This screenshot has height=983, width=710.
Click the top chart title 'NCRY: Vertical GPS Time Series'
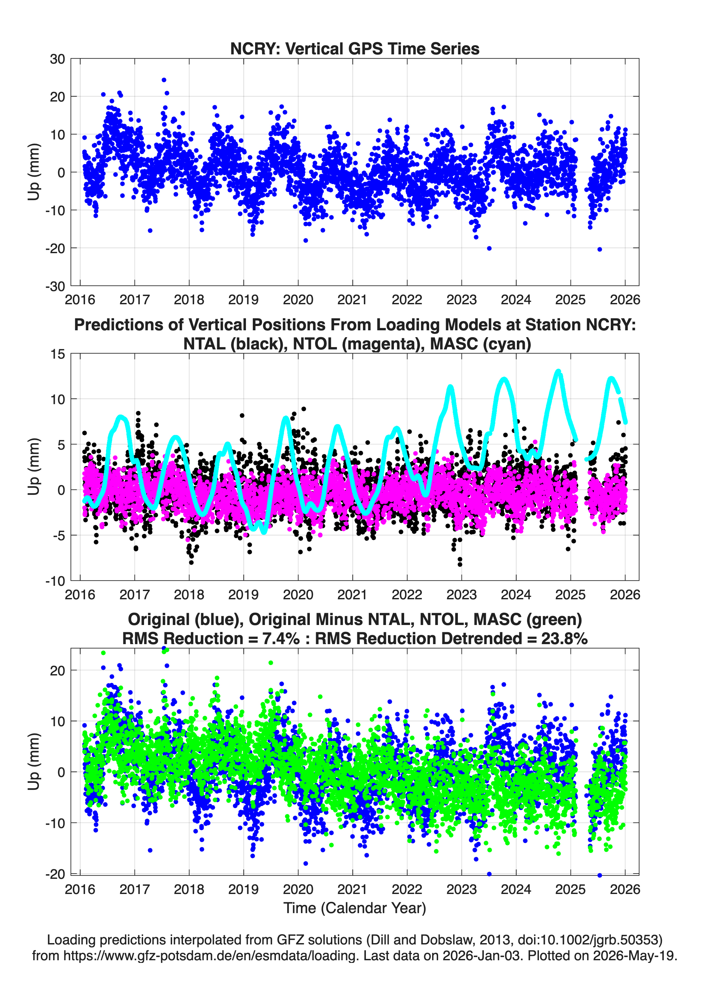(355, 48)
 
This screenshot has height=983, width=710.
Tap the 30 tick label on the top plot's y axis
(57, 59)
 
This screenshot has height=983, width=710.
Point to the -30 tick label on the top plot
(55, 286)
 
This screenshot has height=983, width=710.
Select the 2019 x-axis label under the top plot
(244, 300)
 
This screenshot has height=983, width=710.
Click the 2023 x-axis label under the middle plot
(461, 594)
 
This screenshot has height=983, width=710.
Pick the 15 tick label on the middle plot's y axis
(58, 354)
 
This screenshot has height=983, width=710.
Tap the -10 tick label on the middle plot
(55, 581)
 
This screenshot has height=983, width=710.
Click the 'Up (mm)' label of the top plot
(34, 172)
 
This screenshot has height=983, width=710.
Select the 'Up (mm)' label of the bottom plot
(34, 761)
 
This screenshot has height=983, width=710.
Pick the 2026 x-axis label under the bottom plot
(625, 889)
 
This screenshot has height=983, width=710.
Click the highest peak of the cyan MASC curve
(558, 372)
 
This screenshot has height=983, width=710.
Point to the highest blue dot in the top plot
(164, 80)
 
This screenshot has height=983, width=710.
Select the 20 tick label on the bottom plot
(57, 670)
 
